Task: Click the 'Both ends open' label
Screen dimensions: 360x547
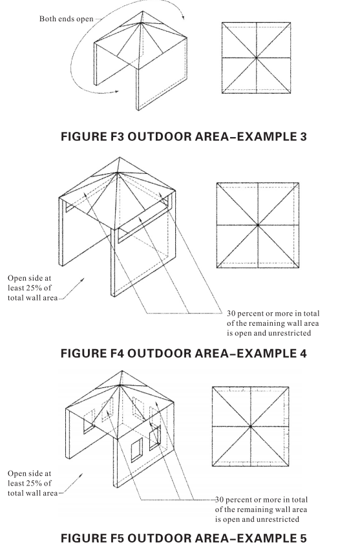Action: click(67, 19)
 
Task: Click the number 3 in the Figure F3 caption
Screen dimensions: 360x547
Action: click(302, 136)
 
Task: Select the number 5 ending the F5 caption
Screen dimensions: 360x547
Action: click(302, 538)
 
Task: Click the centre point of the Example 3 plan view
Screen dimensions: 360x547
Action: click(257, 58)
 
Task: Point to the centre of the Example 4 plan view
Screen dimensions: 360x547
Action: click(258, 226)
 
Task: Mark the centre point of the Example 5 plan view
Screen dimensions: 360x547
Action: click(251, 426)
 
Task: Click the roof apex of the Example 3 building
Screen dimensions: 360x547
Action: click(141, 23)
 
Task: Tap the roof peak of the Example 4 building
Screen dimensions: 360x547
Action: click(118, 172)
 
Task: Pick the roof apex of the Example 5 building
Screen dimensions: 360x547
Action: click(120, 385)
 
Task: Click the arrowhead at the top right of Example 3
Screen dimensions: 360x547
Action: click(182, 17)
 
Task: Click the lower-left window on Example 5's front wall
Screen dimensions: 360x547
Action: click(137, 450)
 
